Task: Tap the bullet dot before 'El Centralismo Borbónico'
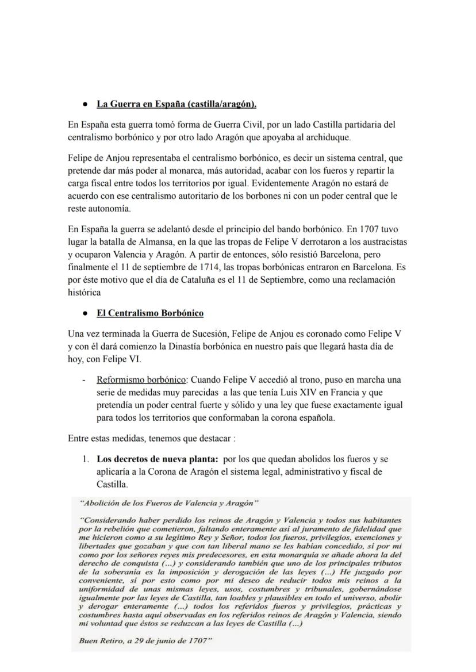coord(85,314)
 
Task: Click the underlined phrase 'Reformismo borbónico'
coord(141,380)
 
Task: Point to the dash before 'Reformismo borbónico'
coord(84,380)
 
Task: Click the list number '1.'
coord(85,460)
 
